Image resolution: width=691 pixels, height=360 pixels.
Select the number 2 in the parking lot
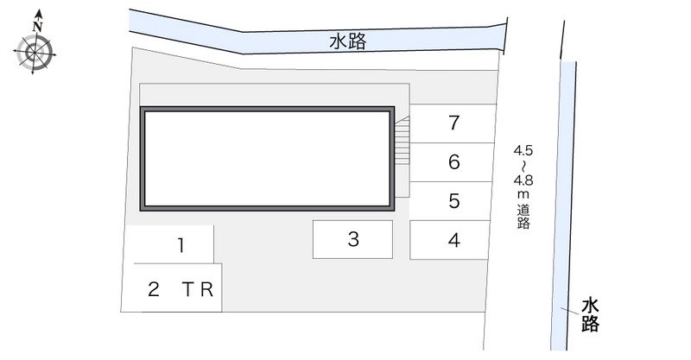154,289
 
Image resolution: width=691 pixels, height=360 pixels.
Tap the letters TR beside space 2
198,289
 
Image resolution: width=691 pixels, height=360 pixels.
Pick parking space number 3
353,239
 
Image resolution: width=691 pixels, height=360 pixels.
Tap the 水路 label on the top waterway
348,41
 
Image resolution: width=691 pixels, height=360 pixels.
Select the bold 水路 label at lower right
590,314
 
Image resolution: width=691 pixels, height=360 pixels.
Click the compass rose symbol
35,52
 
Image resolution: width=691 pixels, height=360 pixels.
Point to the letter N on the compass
38,27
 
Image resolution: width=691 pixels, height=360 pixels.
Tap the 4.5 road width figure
523,151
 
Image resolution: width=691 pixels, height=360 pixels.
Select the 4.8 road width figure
523,180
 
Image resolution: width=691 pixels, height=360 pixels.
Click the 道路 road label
523,217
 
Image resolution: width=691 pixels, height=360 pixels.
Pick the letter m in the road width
523,195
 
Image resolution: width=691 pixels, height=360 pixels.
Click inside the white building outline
267,159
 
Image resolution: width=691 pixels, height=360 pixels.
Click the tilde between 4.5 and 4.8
523,166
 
